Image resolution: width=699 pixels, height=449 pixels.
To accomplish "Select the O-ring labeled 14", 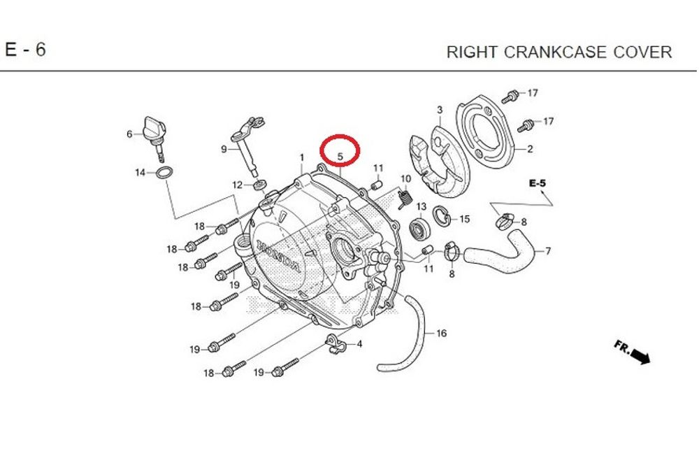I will click(162, 173).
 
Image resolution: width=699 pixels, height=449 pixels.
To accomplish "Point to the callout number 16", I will click(441, 334).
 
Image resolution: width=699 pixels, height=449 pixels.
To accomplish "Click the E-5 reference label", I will click(538, 183).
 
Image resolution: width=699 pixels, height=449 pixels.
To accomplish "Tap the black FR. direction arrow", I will click(639, 357).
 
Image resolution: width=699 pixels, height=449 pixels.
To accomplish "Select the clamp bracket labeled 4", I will click(336, 343).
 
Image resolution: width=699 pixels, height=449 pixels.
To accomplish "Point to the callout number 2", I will click(530, 149).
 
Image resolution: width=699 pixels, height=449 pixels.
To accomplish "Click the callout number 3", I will click(440, 111).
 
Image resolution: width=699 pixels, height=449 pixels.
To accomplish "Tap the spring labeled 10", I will click(403, 199).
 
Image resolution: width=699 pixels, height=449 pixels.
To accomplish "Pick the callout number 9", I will click(224, 149).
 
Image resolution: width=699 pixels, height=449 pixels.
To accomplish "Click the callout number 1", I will click(302, 157).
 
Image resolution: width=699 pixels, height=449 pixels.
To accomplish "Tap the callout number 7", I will click(548, 251).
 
